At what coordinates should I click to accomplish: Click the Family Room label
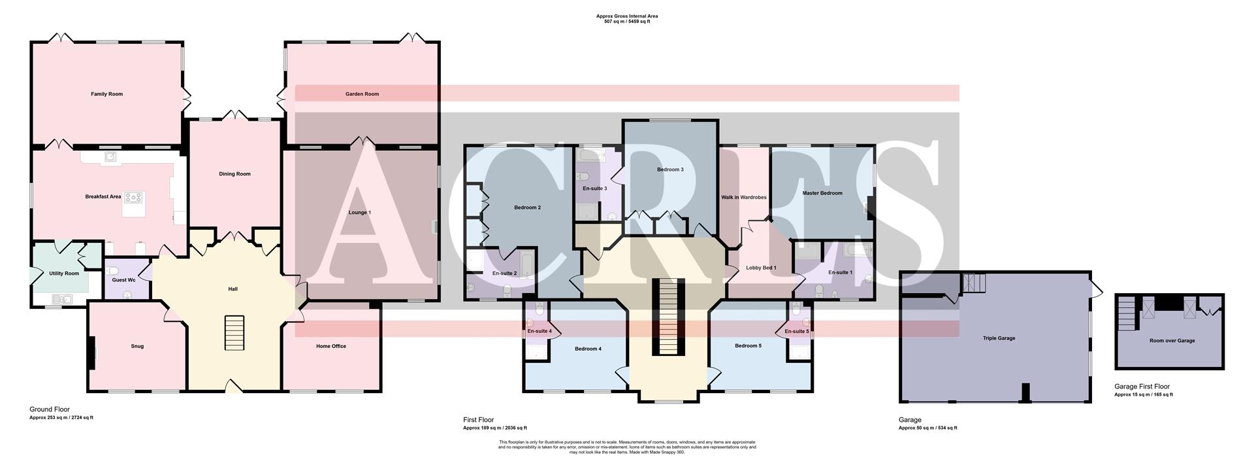click(106, 94)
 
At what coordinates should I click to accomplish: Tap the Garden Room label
click(362, 94)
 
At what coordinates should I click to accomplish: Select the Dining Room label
click(234, 174)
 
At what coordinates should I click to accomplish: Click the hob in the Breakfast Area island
click(134, 197)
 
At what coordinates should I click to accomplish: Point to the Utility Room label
click(64, 274)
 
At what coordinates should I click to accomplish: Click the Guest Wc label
click(123, 280)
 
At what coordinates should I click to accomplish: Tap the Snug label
click(137, 346)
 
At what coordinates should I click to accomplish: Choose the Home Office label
click(331, 346)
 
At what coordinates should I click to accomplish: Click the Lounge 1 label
click(359, 212)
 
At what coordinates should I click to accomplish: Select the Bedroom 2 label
click(527, 208)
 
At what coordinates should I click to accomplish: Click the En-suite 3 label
click(594, 189)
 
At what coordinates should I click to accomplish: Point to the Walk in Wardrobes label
click(743, 197)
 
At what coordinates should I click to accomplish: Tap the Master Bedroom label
click(822, 193)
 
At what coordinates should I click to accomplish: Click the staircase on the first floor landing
click(667, 317)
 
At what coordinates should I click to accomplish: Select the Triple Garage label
click(999, 338)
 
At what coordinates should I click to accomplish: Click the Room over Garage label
click(1172, 341)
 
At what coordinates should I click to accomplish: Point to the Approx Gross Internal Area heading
click(627, 16)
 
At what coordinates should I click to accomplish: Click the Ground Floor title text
click(50, 409)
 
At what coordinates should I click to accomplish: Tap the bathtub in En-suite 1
click(855, 251)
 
